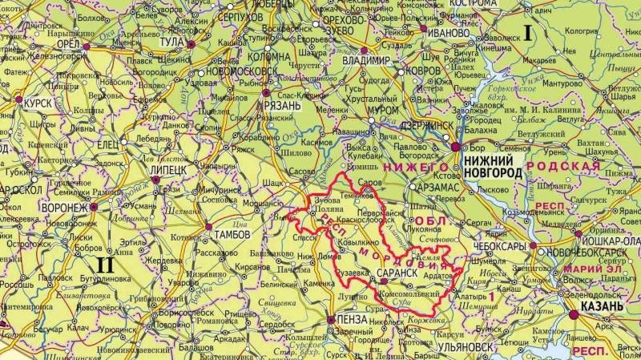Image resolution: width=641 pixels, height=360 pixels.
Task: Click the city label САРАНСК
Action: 397,273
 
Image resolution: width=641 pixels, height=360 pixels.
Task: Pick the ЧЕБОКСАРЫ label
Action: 499,245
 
